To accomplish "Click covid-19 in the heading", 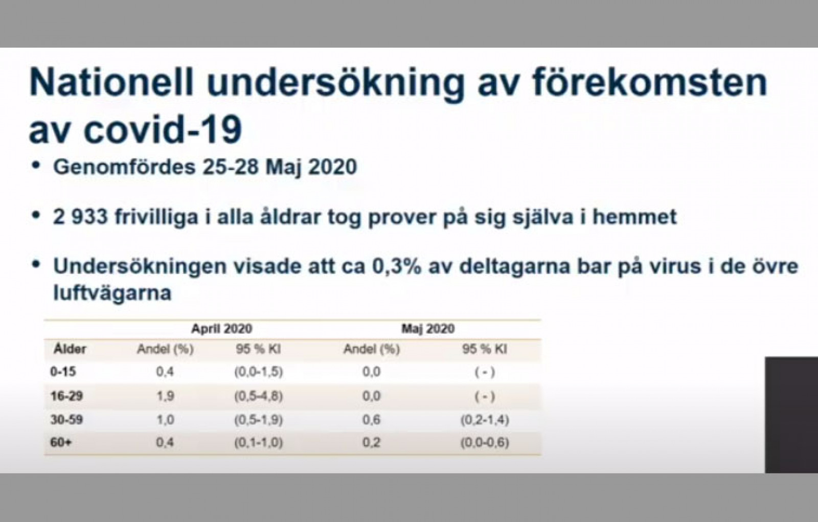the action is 163,130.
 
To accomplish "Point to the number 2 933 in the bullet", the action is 80,217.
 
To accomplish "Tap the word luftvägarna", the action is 112,292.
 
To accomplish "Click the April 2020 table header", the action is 222,329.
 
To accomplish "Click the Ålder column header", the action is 70,349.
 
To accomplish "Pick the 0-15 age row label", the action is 63,372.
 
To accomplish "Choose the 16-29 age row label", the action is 67,396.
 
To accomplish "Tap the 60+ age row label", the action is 61,442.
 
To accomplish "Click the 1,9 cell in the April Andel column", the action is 165,396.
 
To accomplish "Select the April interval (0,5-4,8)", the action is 259,396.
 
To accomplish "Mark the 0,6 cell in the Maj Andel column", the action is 371,420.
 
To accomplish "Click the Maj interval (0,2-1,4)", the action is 485,420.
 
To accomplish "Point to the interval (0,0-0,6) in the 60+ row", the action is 485,443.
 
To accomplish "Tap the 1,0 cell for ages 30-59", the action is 165,420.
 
